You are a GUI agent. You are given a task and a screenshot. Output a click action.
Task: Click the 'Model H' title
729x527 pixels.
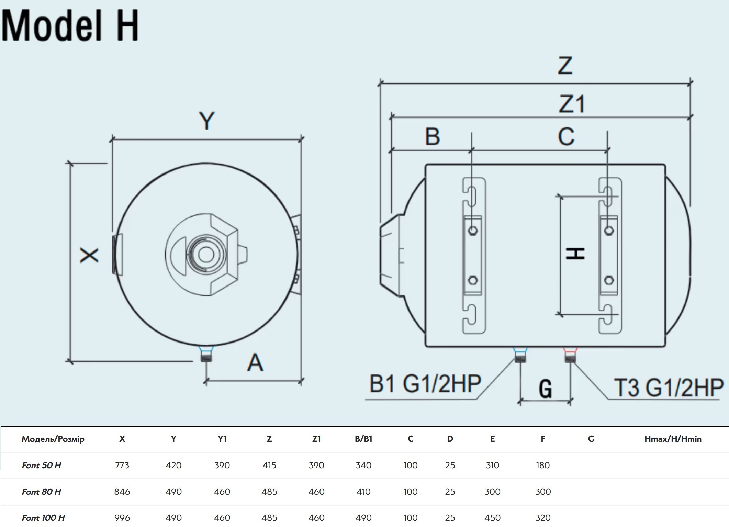coord(70,25)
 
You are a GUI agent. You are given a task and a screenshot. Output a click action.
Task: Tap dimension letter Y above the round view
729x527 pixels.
coord(207,121)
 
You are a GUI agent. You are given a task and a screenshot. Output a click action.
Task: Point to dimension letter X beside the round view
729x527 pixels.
coord(89,255)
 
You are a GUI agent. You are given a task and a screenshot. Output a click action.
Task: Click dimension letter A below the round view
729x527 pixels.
coord(255,362)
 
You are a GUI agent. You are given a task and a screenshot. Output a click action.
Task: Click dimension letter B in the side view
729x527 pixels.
coord(433,136)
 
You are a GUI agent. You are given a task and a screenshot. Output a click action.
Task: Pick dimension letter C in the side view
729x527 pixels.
coord(566,136)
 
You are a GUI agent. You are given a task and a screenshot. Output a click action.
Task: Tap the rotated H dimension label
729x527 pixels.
coord(575,254)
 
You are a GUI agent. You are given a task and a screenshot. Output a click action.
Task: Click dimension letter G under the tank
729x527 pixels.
coord(545,389)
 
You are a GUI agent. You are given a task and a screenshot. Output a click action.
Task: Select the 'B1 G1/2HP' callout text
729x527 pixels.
coord(425,384)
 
